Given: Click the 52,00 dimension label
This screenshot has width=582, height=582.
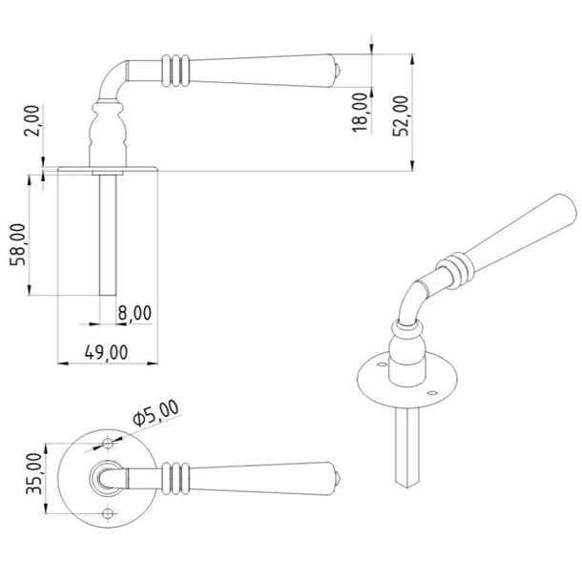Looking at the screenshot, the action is (x=401, y=115).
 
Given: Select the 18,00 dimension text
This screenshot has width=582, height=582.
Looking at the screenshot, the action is (x=360, y=113).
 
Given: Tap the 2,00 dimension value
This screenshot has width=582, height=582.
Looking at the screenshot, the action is (x=31, y=120).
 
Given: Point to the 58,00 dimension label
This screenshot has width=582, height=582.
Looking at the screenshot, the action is (x=18, y=244).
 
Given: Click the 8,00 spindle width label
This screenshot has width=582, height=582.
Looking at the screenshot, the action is (x=135, y=313).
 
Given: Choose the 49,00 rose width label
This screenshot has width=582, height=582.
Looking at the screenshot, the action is (x=107, y=352).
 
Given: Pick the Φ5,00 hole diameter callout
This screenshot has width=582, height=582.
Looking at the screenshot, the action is (x=156, y=413).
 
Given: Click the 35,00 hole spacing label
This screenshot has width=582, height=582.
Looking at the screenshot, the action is (x=34, y=473).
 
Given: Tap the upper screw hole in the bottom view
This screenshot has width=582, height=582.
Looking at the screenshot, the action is (x=108, y=444).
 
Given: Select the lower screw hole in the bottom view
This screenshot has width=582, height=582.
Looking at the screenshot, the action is (x=108, y=513).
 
